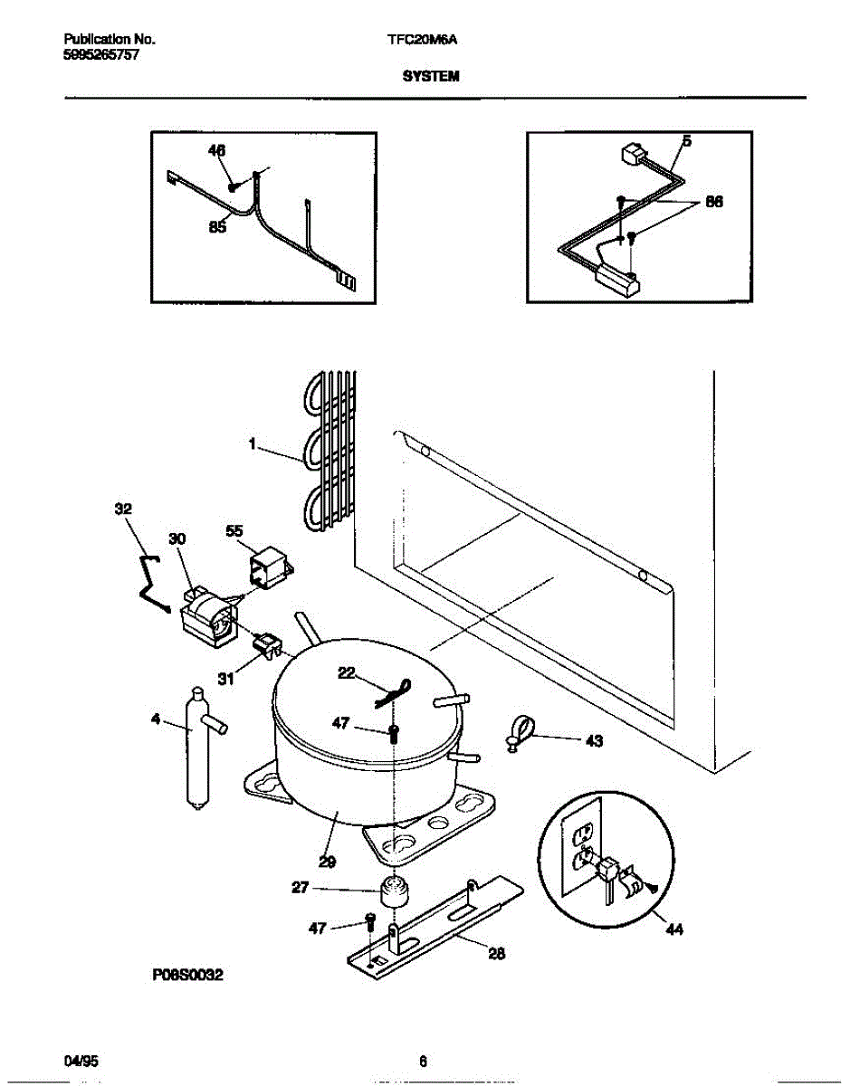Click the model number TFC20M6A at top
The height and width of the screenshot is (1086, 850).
(x=422, y=40)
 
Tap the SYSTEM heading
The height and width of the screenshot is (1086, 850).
(x=431, y=76)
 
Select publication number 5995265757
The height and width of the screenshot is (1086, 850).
(x=101, y=55)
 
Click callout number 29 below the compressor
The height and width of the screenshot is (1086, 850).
(x=328, y=862)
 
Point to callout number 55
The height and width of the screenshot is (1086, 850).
(x=234, y=530)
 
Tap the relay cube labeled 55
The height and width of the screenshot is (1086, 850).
(x=271, y=567)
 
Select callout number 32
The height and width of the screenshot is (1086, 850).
(x=123, y=509)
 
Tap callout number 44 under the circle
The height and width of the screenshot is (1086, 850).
(x=674, y=929)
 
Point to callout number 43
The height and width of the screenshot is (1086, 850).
(x=594, y=740)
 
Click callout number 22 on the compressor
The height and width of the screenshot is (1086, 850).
(x=347, y=672)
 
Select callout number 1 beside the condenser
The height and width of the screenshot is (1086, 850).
(x=253, y=443)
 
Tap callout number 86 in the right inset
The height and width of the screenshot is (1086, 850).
(x=714, y=202)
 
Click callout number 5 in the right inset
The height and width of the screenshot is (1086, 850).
(x=687, y=141)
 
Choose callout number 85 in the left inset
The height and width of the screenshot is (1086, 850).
(x=217, y=227)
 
